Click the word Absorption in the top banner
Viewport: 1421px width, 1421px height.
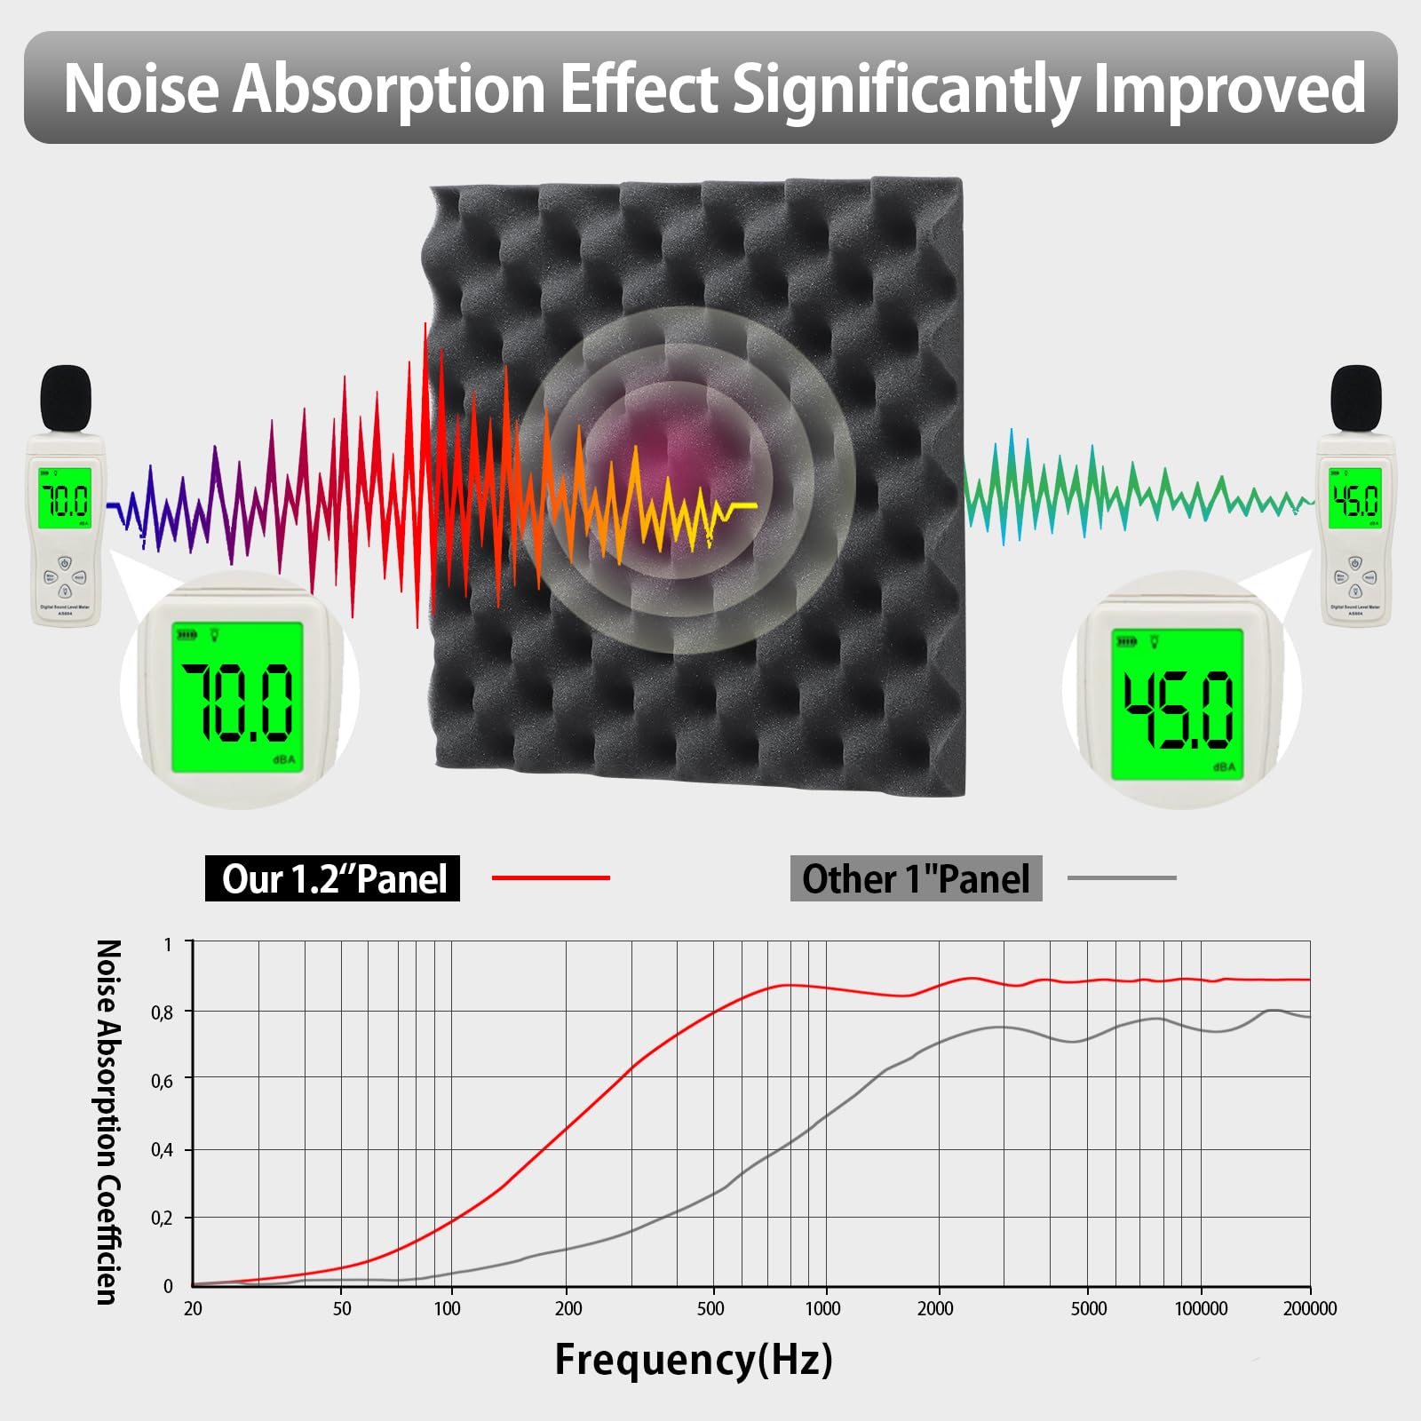(388, 90)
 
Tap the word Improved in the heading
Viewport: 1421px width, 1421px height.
(1229, 90)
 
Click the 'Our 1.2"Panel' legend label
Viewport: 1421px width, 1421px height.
(333, 878)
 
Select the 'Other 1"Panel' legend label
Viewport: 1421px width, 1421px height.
(916, 878)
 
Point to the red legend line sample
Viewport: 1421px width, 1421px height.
(551, 877)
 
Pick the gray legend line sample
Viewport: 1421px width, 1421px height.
(1122, 877)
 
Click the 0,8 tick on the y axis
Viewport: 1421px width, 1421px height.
(162, 1012)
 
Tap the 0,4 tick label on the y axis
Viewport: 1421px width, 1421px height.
(162, 1150)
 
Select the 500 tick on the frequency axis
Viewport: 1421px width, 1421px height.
(710, 1308)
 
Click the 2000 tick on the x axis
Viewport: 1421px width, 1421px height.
(935, 1308)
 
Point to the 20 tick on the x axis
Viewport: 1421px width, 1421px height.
(193, 1308)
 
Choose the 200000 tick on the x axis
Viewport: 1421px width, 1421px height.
(1309, 1308)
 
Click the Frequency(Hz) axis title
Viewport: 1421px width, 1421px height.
(694, 1360)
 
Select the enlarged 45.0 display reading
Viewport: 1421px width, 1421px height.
(1178, 709)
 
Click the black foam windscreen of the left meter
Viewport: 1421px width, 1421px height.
(67, 398)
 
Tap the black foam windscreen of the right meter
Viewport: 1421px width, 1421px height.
(1356, 399)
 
